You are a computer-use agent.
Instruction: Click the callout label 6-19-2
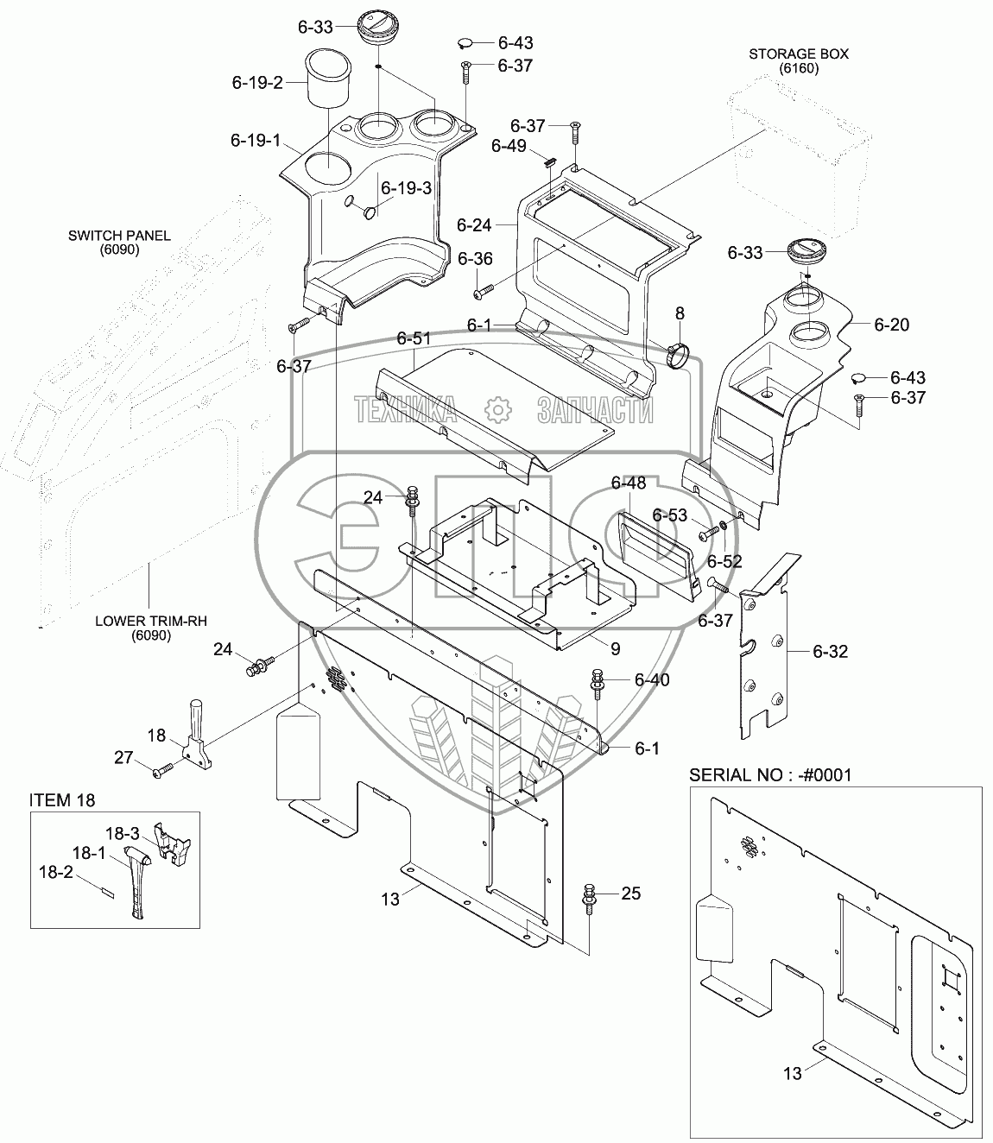pyautogui.click(x=257, y=83)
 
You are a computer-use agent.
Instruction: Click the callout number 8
pyautogui.click(x=680, y=313)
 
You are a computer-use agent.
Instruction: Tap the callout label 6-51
pyautogui.click(x=414, y=338)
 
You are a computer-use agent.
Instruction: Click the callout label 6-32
pyautogui.click(x=830, y=651)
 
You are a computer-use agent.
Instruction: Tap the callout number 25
pyautogui.click(x=631, y=894)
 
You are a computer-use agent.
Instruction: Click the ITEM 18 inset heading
pyautogui.click(x=62, y=800)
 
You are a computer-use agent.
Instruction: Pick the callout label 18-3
pyautogui.click(x=123, y=834)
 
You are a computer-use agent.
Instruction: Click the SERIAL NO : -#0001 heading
pyautogui.click(x=769, y=774)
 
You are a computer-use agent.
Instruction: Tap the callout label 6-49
pyautogui.click(x=509, y=146)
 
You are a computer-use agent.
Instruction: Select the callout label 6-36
pyautogui.click(x=475, y=259)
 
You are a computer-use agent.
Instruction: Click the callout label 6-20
pyautogui.click(x=891, y=325)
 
